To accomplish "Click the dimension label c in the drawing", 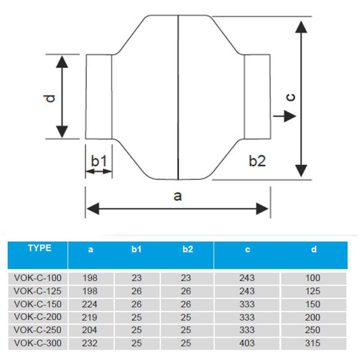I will click(291, 97).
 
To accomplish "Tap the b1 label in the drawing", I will click(99, 161).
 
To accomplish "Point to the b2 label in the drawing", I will click(257, 161).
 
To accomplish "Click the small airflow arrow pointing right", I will click(284, 116).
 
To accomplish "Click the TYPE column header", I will click(40, 248).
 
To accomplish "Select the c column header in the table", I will click(247, 249).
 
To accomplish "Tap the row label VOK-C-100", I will click(38, 278).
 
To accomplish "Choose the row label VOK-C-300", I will click(38, 343).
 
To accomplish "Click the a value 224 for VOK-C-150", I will click(90, 304).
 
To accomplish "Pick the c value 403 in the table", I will click(247, 343).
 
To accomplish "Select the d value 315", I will click(312, 343).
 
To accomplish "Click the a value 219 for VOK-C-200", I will click(90, 317).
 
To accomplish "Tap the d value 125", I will click(312, 291).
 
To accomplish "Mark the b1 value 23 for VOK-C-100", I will click(136, 278).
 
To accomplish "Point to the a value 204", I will click(90, 330).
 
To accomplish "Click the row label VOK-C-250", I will click(38, 330).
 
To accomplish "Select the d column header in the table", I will click(314, 249).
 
